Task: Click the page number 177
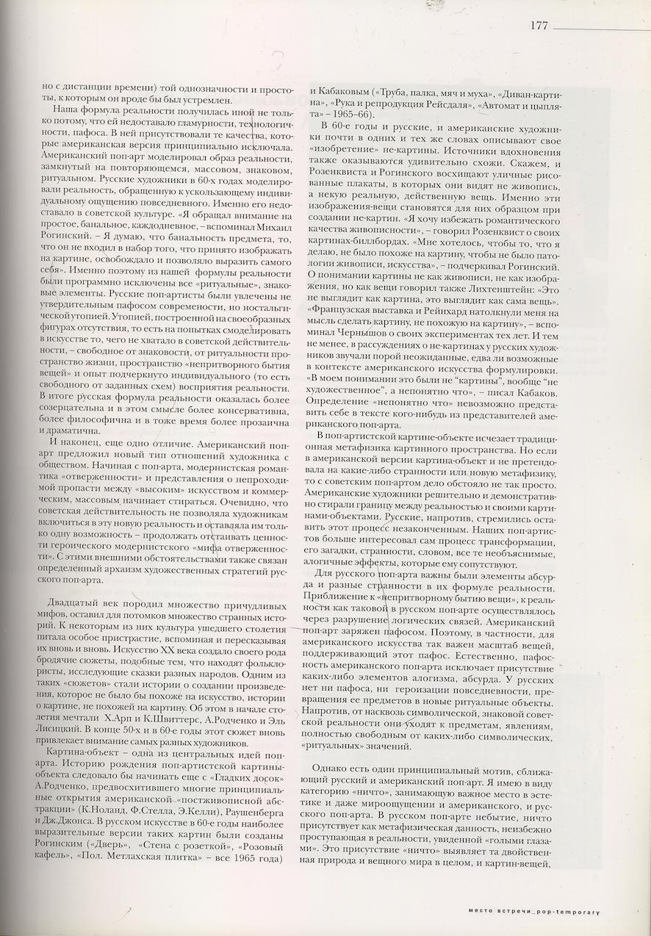(x=539, y=24)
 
